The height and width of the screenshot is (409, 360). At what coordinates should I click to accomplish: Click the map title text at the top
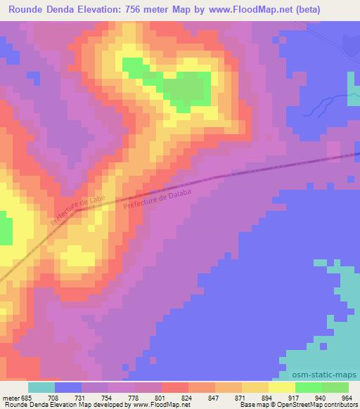click(x=179, y=10)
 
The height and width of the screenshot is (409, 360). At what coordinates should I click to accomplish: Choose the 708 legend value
click(x=56, y=397)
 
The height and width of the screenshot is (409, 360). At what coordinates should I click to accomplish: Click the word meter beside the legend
click(x=10, y=397)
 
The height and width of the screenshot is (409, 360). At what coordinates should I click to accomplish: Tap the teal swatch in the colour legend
click(x=41, y=387)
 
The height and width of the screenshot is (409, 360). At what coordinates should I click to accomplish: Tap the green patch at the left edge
click(x=6, y=231)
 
